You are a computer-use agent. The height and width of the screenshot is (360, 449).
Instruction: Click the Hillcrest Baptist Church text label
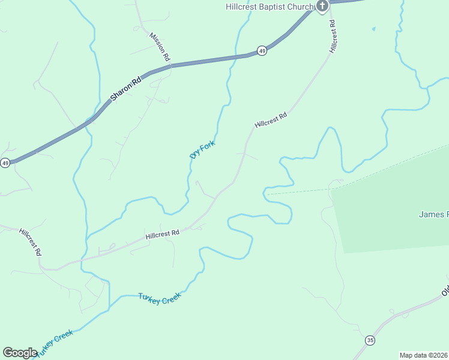[x=270, y=7]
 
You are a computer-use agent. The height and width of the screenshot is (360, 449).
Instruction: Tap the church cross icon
[x=322, y=7]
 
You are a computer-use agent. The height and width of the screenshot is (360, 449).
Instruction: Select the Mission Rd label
[x=160, y=46]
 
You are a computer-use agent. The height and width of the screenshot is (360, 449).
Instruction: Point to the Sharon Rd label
[x=125, y=88]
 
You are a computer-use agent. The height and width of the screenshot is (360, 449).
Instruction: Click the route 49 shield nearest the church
[x=262, y=51]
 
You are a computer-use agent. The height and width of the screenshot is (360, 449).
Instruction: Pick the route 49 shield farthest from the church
[x=5, y=163]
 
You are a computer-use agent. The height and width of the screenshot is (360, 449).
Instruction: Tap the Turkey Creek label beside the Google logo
[x=55, y=343]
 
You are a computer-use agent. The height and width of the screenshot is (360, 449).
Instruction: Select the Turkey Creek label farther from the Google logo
[x=160, y=298]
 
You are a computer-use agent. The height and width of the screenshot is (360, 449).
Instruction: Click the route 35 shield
[x=370, y=340]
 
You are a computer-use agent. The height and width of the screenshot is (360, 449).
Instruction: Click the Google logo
[x=20, y=352]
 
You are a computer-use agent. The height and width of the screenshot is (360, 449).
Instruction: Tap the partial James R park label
[x=433, y=214]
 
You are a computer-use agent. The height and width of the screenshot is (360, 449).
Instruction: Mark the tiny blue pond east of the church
[x=373, y=28]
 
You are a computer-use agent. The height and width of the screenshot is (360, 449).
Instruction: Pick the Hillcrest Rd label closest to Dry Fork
[x=271, y=121]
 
